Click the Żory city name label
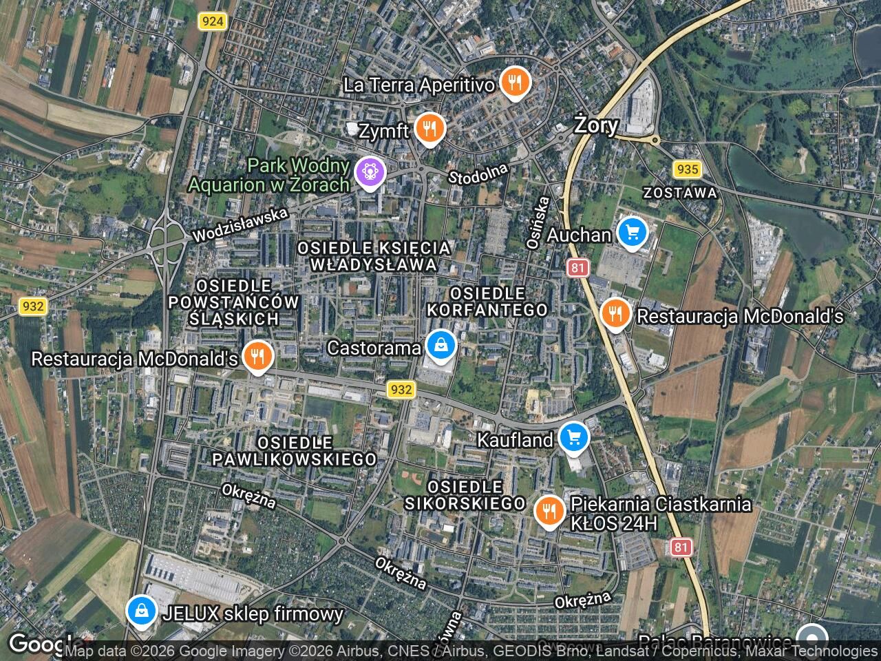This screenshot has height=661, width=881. coord(596,125)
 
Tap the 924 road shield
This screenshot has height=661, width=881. coord(212,21)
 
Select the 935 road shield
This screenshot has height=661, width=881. coord(687,169)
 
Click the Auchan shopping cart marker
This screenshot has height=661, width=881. coord(633,233)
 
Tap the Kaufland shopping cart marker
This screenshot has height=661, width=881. coord(573,438)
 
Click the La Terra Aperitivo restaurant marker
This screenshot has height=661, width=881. coord(513,83)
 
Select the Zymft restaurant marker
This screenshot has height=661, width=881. coord(429,129)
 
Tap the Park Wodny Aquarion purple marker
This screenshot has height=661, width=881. coord(370,172)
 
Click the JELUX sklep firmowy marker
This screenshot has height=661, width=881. coord(141,611)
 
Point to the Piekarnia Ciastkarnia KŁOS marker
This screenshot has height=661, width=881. coord(549,512)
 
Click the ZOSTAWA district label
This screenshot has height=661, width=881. coord(680,193)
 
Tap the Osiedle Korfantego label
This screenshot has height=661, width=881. coord(487,302)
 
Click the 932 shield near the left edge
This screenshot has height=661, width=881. coord(32,306)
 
